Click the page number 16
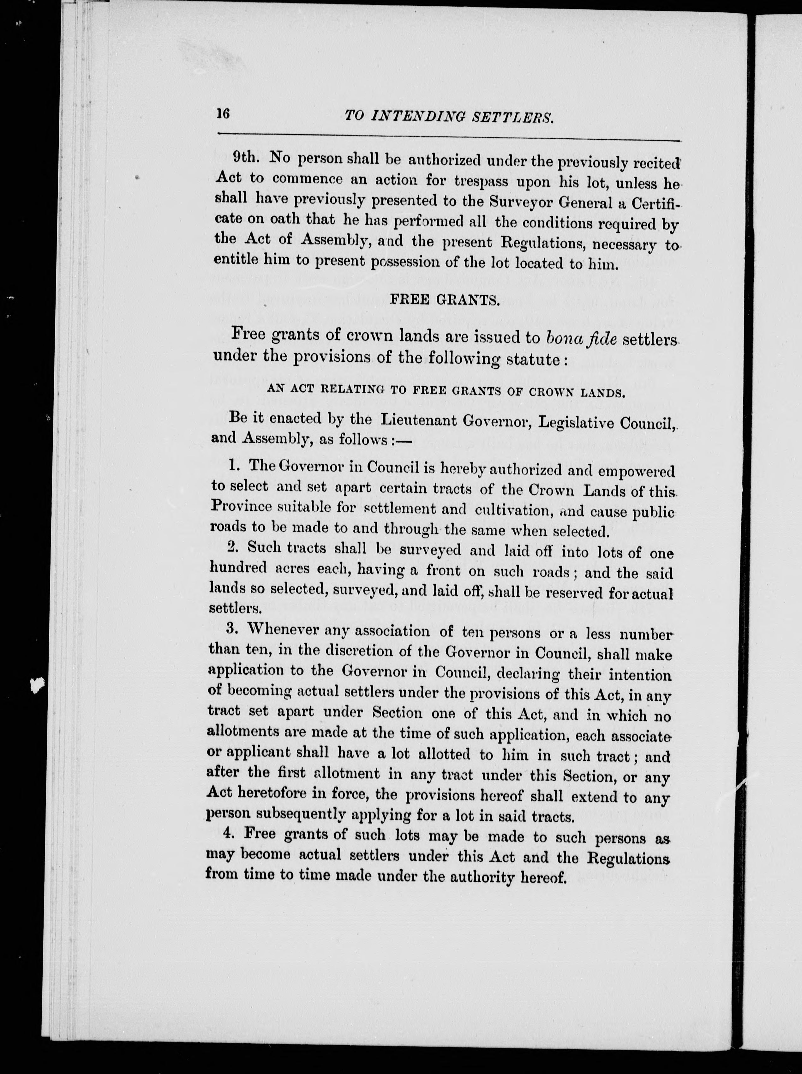point(223,114)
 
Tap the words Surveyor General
point(554,202)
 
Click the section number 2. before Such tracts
point(232,547)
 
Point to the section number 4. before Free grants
point(229,834)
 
